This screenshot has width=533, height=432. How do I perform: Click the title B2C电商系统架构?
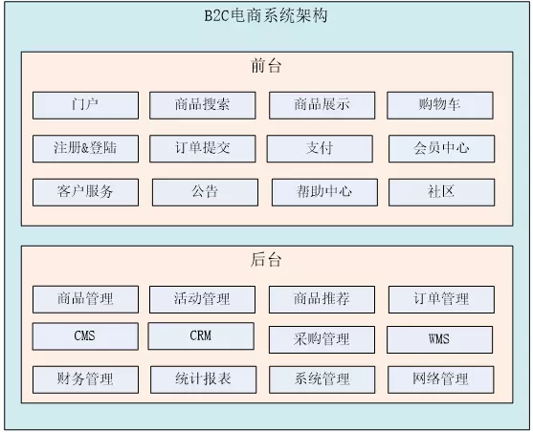click(266, 15)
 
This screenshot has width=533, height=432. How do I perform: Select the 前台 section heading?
click(266, 66)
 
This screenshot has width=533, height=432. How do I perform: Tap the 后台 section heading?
click(266, 260)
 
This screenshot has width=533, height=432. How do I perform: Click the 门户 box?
click(86, 105)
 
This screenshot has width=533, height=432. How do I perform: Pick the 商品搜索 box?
click(203, 105)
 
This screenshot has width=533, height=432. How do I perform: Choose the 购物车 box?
click(440, 105)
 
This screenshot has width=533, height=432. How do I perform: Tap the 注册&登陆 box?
click(86, 149)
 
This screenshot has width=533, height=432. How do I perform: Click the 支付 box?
click(320, 149)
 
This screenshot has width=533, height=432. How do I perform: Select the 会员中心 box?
click(441, 149)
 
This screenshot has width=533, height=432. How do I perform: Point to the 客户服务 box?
click(86, 192)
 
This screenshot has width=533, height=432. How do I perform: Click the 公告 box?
click(206, 192)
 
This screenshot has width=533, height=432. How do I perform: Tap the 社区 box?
click(441, 192)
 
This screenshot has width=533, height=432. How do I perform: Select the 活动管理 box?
click(202, 299)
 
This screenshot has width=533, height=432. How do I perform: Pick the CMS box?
click(85, 336)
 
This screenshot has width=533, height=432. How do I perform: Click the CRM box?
click(201, 335)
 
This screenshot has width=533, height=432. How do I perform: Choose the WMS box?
click(439, 339)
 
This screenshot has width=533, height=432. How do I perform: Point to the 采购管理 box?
click(322, 339)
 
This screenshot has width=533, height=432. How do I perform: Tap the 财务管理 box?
click(86, 379)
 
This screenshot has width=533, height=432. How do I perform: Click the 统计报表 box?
click(203, 379)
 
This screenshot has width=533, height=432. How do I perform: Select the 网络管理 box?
click(440, 379)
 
